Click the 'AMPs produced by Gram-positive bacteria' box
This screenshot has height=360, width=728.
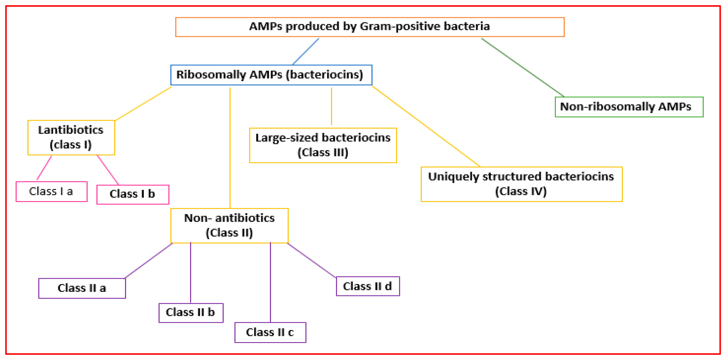point(370,27)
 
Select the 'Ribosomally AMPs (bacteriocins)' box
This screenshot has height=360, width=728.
point(271,75)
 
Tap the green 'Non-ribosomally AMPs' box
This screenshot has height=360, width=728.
point(629,107)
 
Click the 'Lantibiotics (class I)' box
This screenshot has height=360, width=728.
point(71,138)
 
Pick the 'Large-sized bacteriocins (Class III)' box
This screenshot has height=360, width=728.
point(323,145)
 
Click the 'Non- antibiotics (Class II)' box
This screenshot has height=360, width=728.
point(229,226)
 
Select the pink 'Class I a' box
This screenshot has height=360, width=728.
point(51,192)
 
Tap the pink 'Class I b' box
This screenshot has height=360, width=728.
point(133,194)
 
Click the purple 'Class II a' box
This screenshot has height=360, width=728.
point(82,288)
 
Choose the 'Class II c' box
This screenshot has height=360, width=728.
point(270,333)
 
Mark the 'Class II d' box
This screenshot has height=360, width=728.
point(368,286)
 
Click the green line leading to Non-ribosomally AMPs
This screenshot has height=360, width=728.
point(523,67)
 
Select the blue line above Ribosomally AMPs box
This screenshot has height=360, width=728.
point(306,52)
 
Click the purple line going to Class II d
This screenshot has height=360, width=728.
point(312,260)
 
